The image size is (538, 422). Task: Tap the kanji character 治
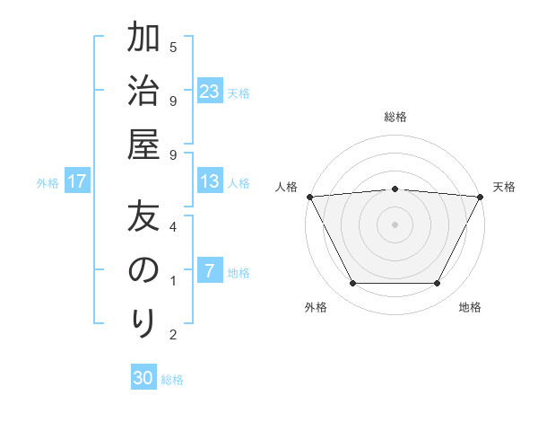pos(144,91)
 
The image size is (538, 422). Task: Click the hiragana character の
pos(144,270)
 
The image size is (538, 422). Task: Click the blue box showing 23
pos(210,91)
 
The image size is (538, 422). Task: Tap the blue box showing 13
pos(210,181)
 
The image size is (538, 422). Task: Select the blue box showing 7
pos(210,271)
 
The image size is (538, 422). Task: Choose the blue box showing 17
pos(77,181)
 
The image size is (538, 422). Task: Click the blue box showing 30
pos(143,378)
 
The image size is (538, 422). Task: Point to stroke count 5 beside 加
pos(173,47)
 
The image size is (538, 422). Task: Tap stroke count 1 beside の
pos(173,281)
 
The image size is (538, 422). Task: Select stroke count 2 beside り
pos(173,335)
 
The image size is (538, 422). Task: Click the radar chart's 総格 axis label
pos(395,117)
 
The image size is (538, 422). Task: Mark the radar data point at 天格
pos(481,197)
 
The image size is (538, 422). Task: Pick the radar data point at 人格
pos(309,196)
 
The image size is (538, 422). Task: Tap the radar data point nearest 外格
pos(352,284)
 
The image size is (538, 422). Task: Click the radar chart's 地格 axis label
pos(470,307)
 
